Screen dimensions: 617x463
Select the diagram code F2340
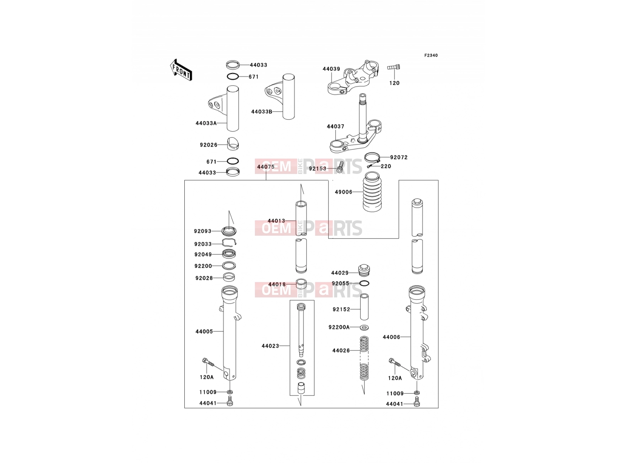[431, 56]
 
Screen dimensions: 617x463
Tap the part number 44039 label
[331, 69]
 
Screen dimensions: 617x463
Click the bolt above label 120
[394, 67]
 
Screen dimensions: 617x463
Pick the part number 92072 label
[399, 157]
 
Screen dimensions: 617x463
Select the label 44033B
[261, 112]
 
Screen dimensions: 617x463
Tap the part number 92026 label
[209, 145]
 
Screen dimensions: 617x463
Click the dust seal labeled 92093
[229, 231]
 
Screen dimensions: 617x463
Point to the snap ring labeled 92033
[229, 242]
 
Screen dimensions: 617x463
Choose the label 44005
[204, 331]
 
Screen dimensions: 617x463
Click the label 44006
[391, 337]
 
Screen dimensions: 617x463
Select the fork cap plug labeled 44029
[364, 270]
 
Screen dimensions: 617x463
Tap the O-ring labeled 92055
[364, 283]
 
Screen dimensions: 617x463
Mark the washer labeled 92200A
[364, 328]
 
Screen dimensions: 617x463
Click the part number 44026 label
[341, 351]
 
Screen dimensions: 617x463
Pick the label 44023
[270, 346]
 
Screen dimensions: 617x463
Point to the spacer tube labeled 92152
[364, 307]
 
